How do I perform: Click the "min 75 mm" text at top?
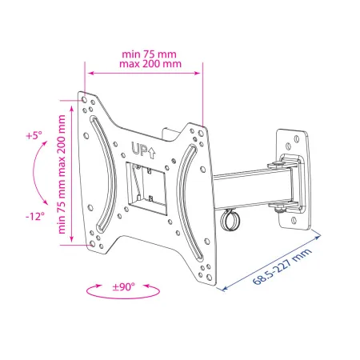click(x=149, y=54)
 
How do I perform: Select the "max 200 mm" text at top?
click(x=150, y=64)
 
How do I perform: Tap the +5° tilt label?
click(x=34, y=135)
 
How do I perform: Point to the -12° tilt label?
click(x=35, y=216)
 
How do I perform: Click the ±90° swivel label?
click(x=123, y=287)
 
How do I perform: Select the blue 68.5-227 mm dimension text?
click(x=282, y=266)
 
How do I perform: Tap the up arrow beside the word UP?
click(x=151, y=154)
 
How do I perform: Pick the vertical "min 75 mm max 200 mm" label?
click(x=62, y=174)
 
